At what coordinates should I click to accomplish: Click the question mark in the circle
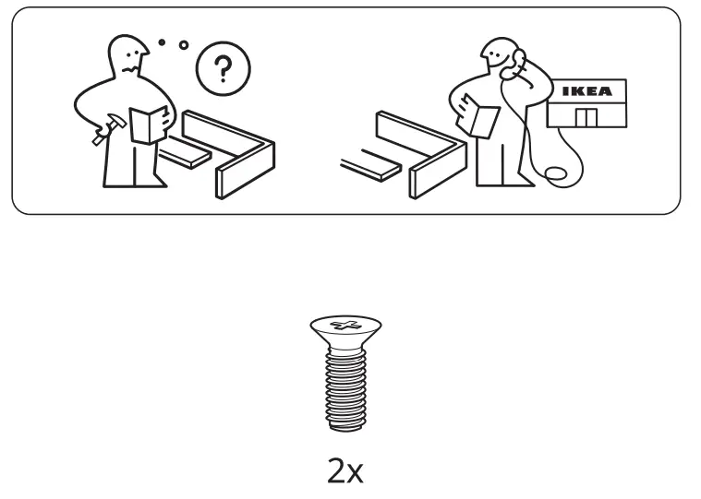coord(223,69)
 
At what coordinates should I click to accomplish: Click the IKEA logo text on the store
coord(586,91)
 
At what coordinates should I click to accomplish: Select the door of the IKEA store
coord(586,118)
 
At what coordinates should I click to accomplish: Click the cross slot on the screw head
coord(345,325)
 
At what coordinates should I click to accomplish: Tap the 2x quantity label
coord(345,471)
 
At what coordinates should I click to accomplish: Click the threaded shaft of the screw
coord(345,388)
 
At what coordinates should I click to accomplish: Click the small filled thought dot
coord(162,42)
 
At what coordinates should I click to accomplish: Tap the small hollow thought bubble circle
coord(184,45)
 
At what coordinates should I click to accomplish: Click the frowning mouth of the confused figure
coord(129,69)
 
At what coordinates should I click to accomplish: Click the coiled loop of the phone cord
coord(555,174)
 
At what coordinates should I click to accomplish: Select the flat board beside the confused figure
coord(184,152)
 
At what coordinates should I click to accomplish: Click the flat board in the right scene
coord(370,165)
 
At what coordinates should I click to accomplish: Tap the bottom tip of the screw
coord(345,430)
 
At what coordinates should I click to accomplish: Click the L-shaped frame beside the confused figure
coord(229,153)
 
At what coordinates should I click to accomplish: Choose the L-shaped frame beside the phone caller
coord(421,154)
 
